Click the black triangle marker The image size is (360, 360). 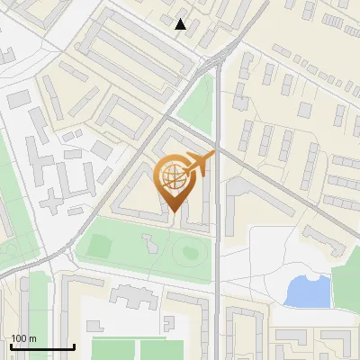pyautogui.click(x=181, y=24)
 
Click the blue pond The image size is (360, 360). pyautogui.click(x=306, y=291)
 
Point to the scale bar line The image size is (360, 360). pyautogui.click(x=41, y=346)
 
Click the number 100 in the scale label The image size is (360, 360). pyautogui.click(x=19, y=338)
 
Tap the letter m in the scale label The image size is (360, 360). pyautogui.click(x=32, y=338)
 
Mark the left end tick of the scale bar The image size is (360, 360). pyautogui.click(x=10, y=345)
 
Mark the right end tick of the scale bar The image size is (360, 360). pyautogui.click(x=74, y=345)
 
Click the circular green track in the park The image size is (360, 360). pyautogui.click(x=189, y=251)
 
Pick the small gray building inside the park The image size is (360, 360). pyautogui.click(x=149, y=242)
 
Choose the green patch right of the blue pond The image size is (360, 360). pyautogui.click(x=346, y=286)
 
